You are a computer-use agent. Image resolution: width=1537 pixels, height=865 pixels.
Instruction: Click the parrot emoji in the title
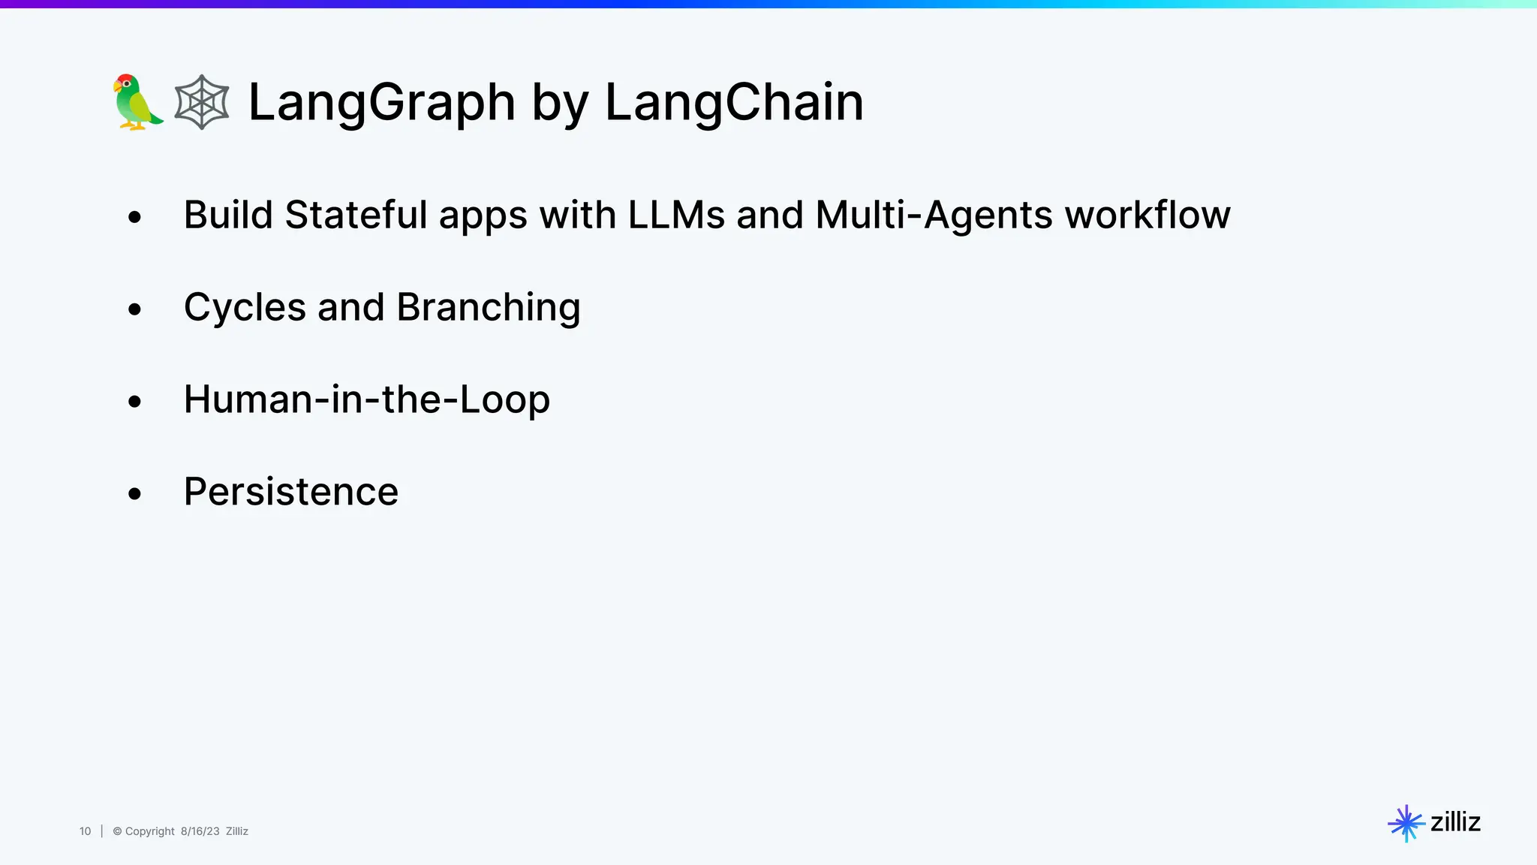click(x=137, y=102)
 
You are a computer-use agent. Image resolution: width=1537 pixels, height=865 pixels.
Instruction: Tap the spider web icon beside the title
click(x=202, y=102)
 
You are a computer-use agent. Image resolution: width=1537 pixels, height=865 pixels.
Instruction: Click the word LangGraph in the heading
click(x=381, y=102)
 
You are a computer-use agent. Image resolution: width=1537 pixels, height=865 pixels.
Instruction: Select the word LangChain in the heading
click(x=734, y=102)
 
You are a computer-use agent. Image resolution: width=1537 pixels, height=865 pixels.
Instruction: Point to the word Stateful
click(x=356, y=215)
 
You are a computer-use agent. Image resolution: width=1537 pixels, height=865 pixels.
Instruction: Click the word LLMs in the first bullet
click(x=676, y=215)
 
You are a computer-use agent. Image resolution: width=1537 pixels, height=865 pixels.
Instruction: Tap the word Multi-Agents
click(x=934, y=215)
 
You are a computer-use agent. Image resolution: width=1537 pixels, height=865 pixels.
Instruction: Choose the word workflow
click(x=1147, y=215)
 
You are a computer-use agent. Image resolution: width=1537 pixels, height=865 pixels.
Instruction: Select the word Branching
click(x=489, y=307)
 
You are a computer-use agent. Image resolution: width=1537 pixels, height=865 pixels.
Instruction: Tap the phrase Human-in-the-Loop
click(x=367, y=399)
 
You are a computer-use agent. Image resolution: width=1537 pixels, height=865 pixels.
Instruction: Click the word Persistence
click(x=291, y=492)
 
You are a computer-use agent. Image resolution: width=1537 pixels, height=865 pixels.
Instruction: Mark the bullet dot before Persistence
click(x=134, y=494)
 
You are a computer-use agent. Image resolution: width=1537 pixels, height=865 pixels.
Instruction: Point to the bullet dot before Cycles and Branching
click(x=134, y=309)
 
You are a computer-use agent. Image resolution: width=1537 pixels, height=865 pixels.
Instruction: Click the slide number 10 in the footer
click(x=85, y=831)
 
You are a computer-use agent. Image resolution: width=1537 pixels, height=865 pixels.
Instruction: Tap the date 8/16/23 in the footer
click(x=200, y=831)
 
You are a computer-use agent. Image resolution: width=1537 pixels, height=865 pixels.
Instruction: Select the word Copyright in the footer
click(x=149, y=831)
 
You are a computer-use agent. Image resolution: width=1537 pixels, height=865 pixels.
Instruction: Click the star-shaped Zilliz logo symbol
click(x=1406, y=824)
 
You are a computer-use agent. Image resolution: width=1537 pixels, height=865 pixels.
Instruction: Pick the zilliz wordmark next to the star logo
click(x=1455, y=822)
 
